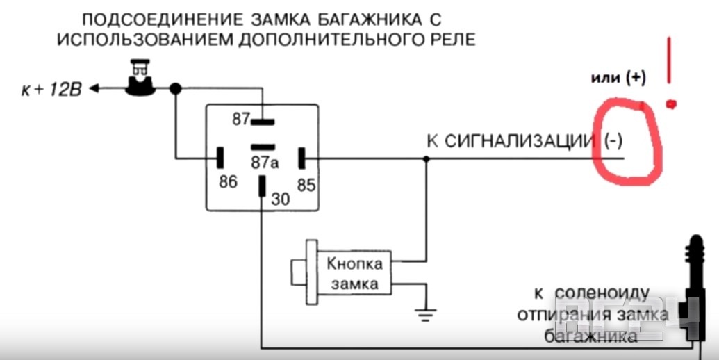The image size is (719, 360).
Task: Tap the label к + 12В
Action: (52, 90)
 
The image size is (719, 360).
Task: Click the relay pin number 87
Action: (240, 120)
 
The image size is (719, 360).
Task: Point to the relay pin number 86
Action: (228, 182)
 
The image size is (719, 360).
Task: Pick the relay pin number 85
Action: (306, 185)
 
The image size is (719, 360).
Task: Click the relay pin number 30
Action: (281, 199)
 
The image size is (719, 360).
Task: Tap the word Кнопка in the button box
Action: (354, 265)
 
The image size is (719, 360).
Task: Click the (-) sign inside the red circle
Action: (613, 141)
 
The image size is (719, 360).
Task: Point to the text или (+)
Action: (618, 78)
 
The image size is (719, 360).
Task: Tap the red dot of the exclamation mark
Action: (671, 104)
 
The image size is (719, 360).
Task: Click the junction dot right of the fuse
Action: (176, 89)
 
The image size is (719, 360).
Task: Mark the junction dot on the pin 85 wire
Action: (427, 159)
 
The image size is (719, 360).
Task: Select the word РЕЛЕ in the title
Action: (449, 38)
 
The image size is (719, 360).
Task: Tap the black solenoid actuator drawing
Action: (694, 292)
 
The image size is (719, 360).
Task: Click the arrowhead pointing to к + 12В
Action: (96, 89)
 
